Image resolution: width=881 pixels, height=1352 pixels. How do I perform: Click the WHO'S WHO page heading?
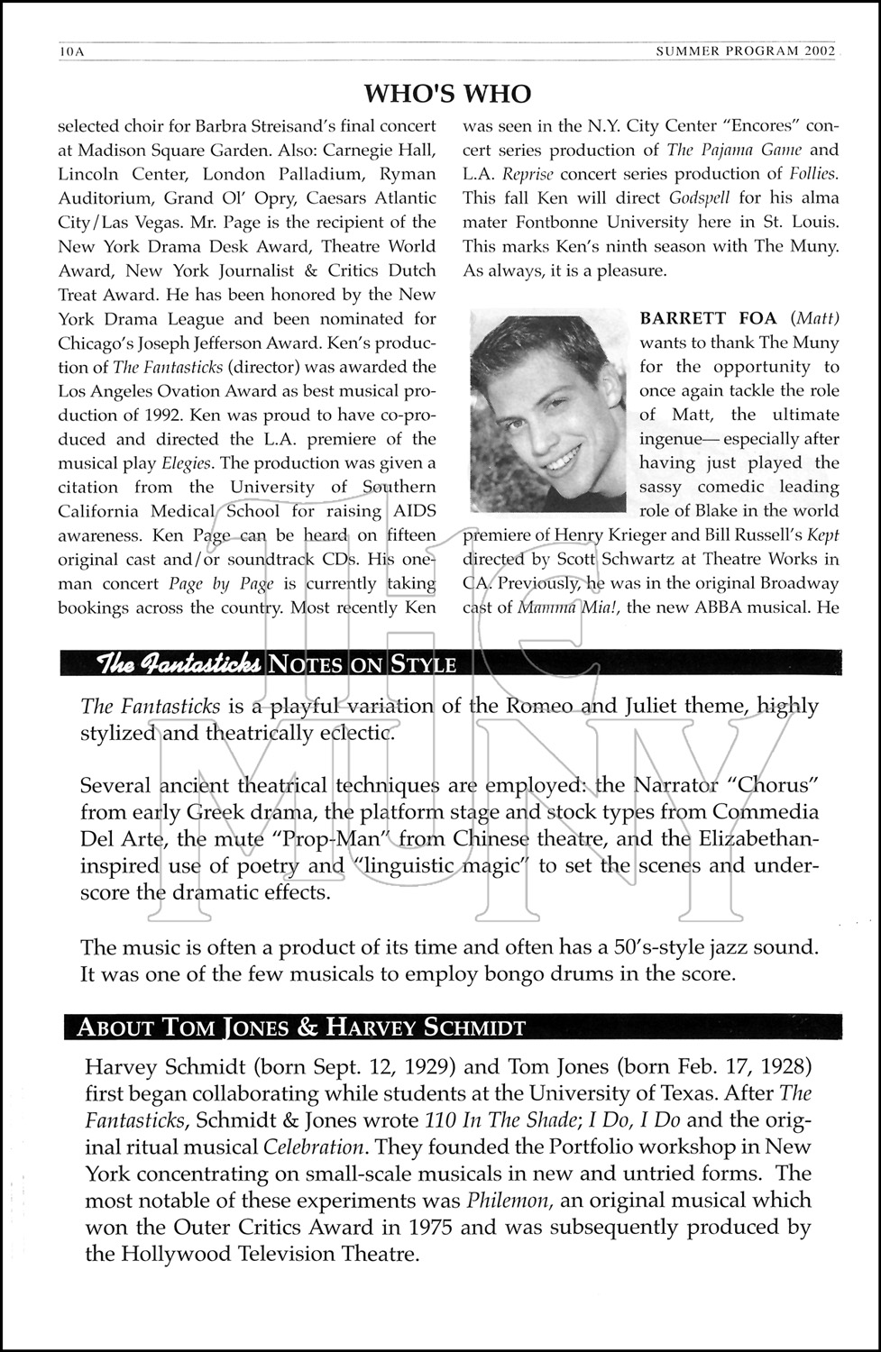(x=447, y=94)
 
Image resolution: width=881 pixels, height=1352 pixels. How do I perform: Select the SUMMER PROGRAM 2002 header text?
(x=746, y=51)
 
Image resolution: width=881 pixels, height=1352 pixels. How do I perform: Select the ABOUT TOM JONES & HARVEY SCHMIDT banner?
(x=301, y=1027)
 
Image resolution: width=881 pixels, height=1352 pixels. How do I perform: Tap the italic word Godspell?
(x=703, y=198)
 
